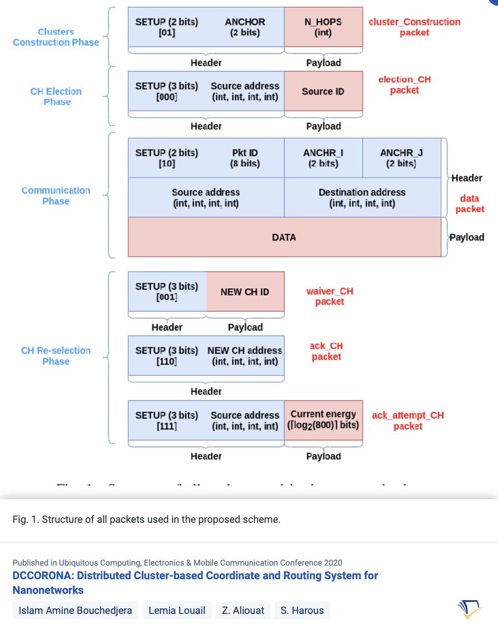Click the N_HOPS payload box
323,27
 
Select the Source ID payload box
323,91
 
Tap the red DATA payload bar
284,237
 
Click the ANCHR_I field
323,158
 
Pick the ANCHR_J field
401,158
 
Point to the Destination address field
362,197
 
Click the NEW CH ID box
245,292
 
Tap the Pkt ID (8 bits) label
245,158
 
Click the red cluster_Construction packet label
414,27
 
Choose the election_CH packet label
404,85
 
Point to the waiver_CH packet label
330,296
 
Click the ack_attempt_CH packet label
408,420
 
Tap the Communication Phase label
56,196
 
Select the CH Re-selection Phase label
56,356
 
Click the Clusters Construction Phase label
56,37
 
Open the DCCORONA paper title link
195,582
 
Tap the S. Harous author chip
302,611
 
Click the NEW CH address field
245,356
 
